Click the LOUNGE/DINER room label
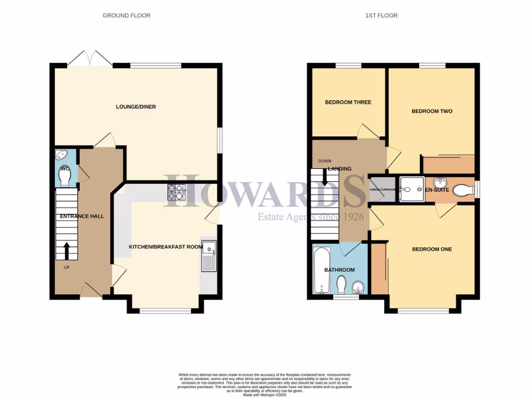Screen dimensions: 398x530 pos(136,107)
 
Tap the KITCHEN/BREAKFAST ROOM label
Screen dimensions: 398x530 pos(165,247)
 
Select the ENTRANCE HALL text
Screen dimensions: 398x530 pos(82,216)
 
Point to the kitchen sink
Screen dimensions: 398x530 pos(210,256)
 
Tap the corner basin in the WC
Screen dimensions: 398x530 pos(61,155)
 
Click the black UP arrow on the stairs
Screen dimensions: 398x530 pos(67,251)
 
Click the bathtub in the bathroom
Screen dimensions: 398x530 pos(320,270)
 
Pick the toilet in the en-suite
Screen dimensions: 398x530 pos(462,191)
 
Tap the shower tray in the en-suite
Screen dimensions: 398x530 pos(411,186)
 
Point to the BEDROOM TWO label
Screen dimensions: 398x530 pos(432,111)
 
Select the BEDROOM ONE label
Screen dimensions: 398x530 pos(432,249)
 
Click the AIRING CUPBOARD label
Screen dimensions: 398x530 pos(382,190)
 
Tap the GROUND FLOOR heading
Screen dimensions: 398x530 pos(126,16)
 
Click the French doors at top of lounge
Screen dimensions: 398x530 pos(90,59)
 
